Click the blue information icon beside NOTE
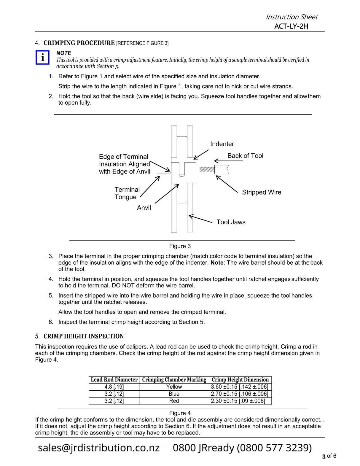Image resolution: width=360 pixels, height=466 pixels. coord(42,57)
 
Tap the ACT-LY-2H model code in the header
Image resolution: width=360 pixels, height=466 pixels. coord(291,26)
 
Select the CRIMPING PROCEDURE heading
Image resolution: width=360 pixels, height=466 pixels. coord(79,43)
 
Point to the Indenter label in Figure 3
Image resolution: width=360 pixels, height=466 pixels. coord(222,144)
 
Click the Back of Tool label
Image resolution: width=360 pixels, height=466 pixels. coord(245,156)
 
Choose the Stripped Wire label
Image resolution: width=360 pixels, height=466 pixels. coord(262,192)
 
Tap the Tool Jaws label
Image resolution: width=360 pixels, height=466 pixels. coord(231,222)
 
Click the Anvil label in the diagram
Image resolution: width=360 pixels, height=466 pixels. coord(144,208)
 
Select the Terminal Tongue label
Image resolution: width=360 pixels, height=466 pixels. coord(127,193)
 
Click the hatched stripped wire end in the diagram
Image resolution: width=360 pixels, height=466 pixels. coord(207,170)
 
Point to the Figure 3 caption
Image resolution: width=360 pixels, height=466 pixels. coord(180,246)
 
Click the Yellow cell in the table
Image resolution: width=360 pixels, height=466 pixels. coord(174,387)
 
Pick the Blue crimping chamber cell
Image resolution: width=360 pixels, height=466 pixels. coord(174,394)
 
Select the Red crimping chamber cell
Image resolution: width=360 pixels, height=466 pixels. coord(174,401)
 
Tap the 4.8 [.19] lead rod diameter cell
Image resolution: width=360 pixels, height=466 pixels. coord(114,387)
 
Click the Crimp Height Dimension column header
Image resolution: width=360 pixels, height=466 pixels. coord(240,380)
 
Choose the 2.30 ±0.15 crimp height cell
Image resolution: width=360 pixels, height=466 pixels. coord(238,401)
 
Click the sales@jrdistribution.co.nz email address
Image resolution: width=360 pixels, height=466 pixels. coord(99,448)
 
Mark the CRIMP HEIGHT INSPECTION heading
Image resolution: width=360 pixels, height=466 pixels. coord(84,336)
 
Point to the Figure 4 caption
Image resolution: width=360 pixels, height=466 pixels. coord(180,413)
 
